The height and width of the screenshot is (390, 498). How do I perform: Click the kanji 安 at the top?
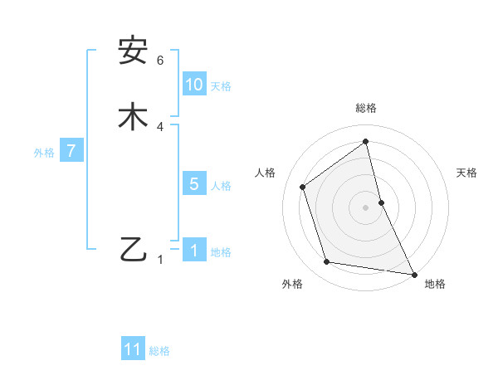(x=133, y=51)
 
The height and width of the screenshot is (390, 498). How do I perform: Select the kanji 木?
(x=133, y=116)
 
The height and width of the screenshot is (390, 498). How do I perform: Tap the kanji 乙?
(x=133, y=249)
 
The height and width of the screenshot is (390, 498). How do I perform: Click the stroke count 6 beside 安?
(x=160, y=61)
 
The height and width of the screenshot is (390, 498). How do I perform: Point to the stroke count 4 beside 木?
(x=160, y=127)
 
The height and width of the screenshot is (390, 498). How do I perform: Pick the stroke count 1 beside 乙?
(x=161, y=260)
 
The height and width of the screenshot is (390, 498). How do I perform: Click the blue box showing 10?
(x=194, y=85)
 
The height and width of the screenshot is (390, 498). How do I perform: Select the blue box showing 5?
(x=194, y=184)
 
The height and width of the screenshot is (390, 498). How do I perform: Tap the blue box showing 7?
(x=72, y=151)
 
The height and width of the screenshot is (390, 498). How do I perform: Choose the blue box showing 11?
(x=133, y=349)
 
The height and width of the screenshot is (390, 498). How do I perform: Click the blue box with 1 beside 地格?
(x=194, y=251)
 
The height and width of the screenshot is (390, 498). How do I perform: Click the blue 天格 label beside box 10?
(x=221, y=86)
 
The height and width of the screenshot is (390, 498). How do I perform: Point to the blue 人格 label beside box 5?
(x=221, y=186)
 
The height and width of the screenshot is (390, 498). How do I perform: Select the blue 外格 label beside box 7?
(x=44, y=153)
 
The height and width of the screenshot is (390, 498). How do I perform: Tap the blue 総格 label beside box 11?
(x=159, y=351)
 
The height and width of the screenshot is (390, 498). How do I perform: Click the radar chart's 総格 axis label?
(x=366, y=108)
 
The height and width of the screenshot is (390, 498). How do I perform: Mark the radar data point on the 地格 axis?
(x=413, y=272)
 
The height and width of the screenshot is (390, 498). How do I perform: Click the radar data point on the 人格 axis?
(x=303, y=187)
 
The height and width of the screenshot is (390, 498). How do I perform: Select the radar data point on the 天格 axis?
(x=381, y=202)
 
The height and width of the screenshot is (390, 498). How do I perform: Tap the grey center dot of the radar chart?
(x=366, y=207)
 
